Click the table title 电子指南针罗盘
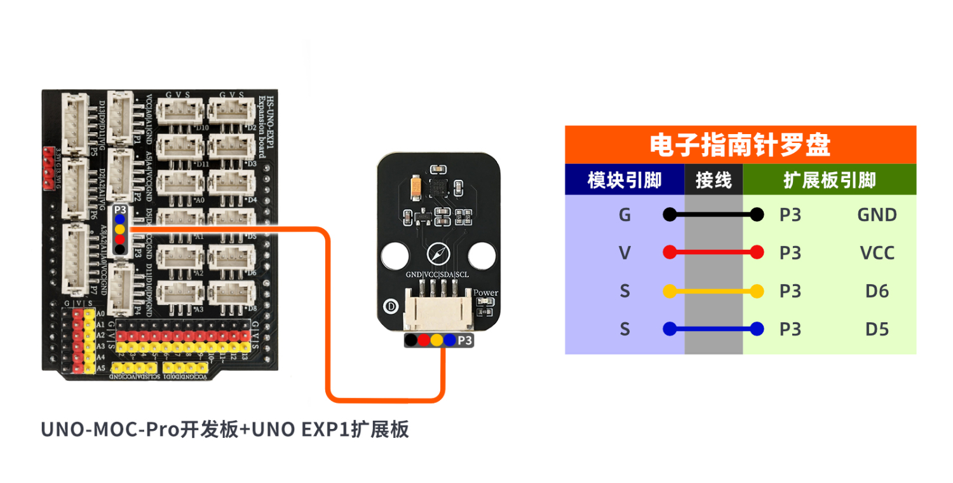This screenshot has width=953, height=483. pos(740,146)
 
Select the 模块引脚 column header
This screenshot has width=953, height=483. pos(625,180)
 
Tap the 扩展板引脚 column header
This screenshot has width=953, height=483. pos(829,180)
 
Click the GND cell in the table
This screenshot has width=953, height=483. pos(877,215)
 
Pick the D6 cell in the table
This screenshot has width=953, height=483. pos(877,291)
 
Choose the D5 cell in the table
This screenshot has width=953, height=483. pos(877,329)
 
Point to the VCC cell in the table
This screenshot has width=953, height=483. pos(877,253)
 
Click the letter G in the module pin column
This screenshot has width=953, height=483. pos(625,215)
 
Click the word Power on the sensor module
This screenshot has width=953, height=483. pos(486,293)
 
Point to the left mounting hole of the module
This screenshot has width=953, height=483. pos(394,255)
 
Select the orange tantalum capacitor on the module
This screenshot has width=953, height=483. pos(417,186)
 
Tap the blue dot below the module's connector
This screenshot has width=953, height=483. pos(450,340)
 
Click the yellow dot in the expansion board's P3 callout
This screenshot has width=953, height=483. pos(119,229)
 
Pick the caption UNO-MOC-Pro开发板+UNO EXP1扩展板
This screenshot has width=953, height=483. pos(225,430)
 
